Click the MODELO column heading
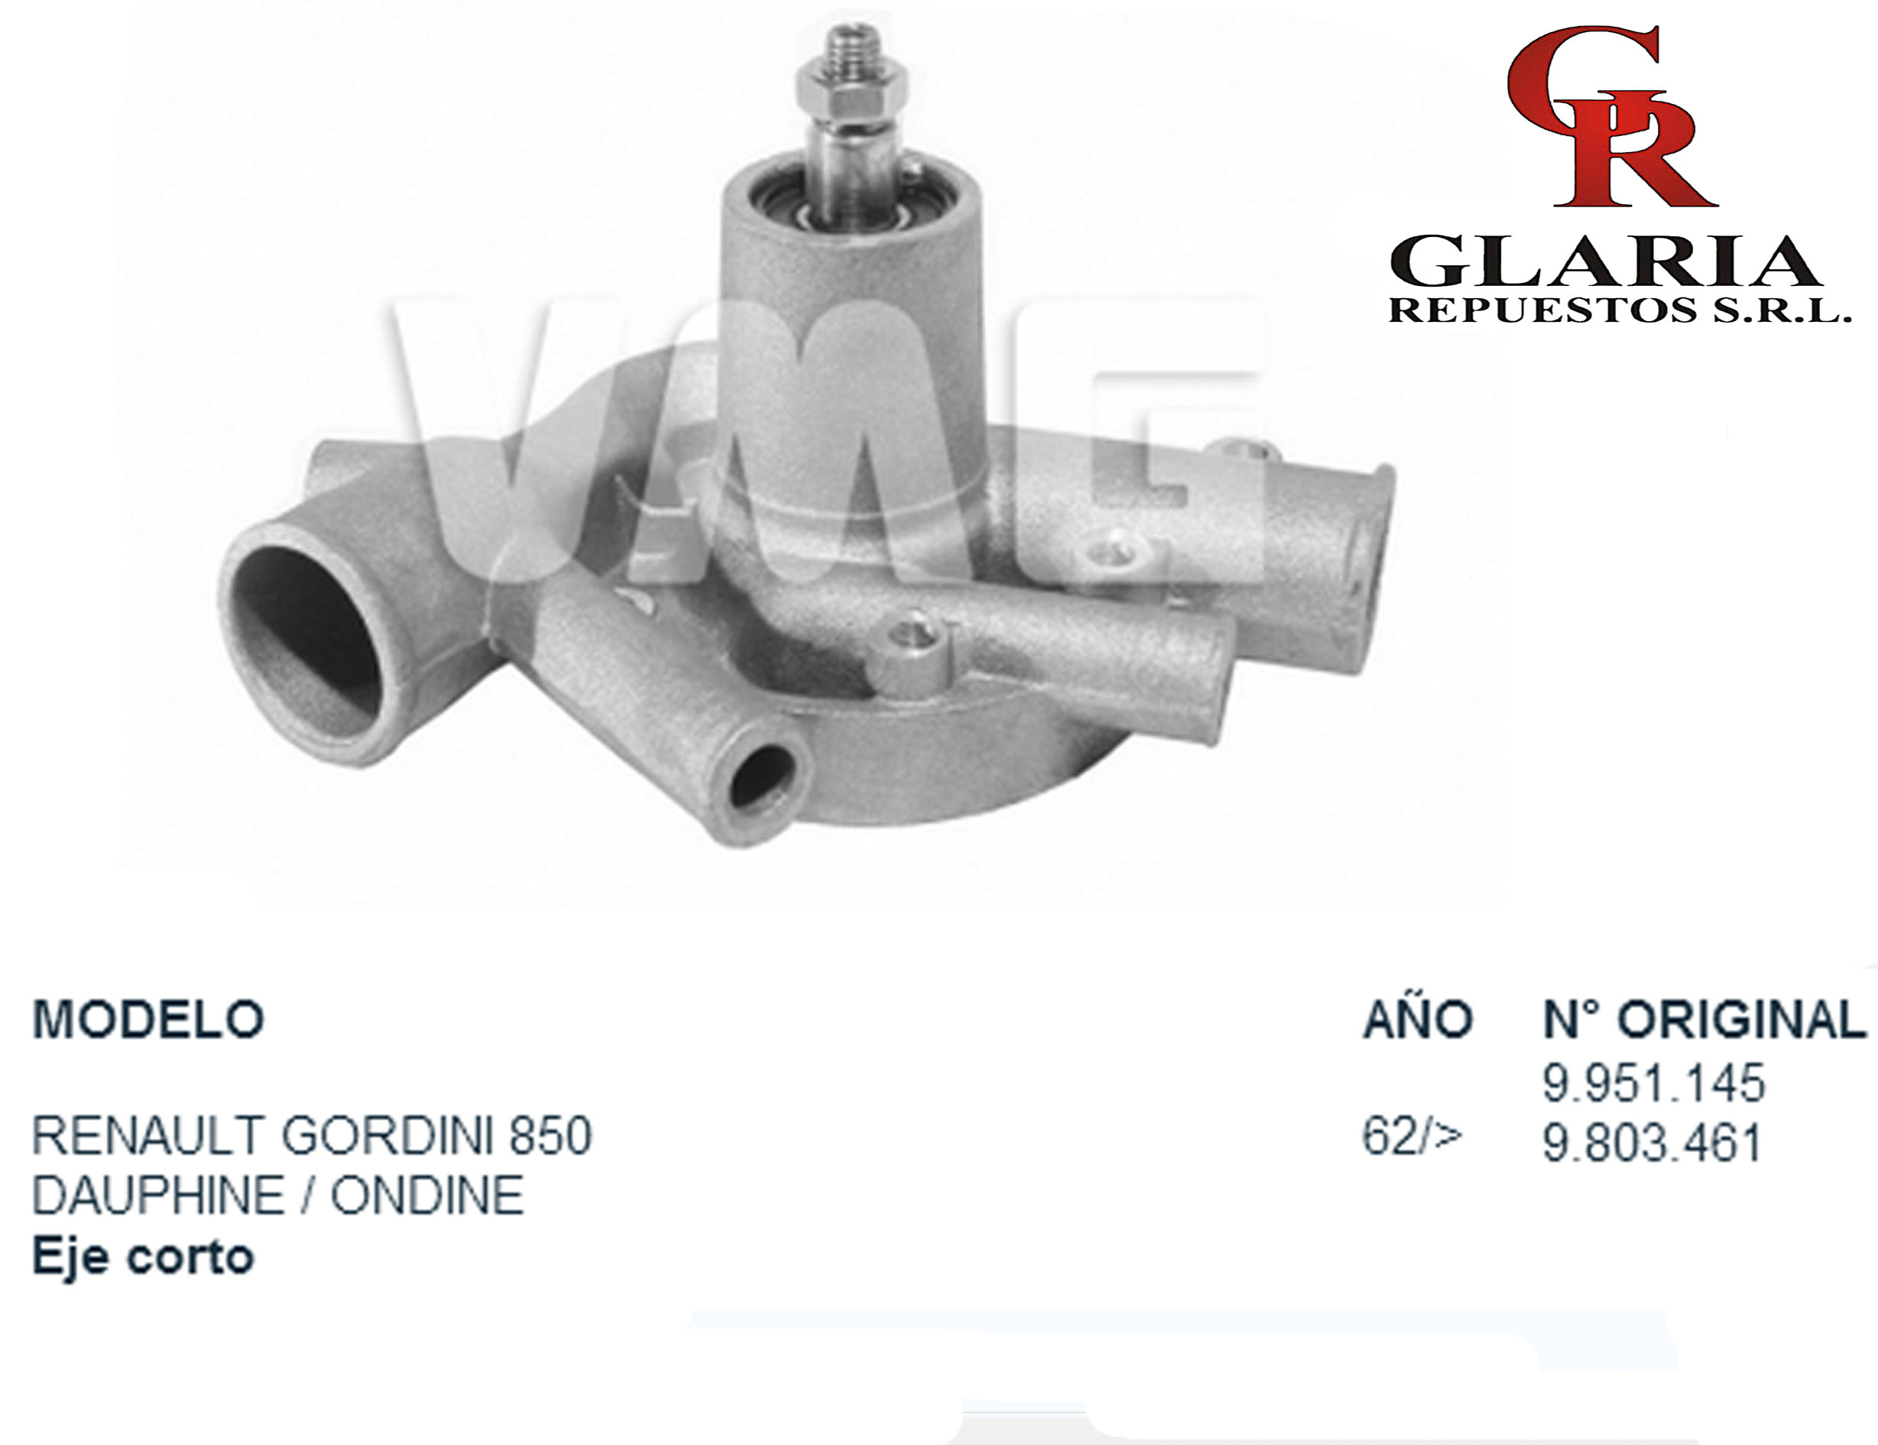click(148, 1019)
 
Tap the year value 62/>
click(1412, 1136)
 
